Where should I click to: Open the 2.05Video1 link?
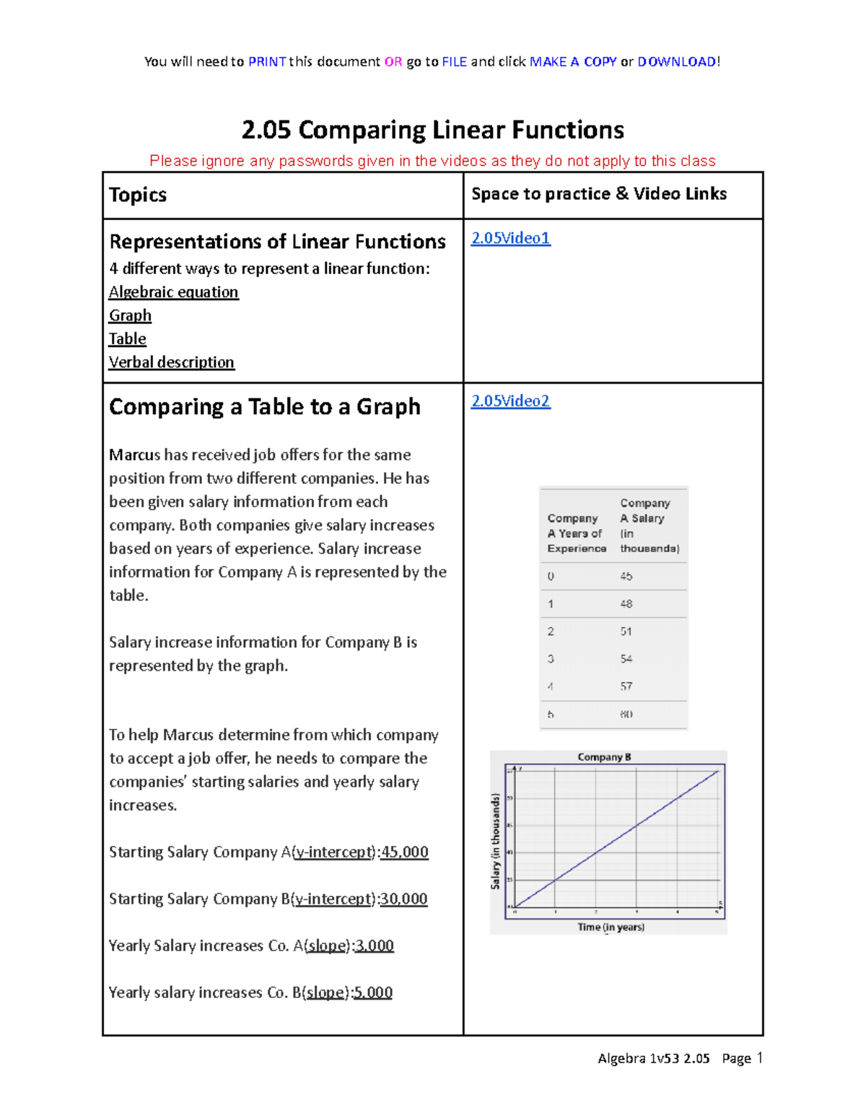click(x=510, y=238)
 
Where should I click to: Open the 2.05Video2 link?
click(x=510, y=401)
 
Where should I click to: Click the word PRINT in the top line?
click(x=267, y=62)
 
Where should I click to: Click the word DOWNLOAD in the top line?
click(x=676, y=62)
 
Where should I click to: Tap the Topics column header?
click(x=138, y=195)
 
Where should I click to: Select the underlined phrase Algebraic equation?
click(x=173, y=292)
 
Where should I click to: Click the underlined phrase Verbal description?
click(x=172, y=362)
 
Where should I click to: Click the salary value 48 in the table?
click(x=626, y=604)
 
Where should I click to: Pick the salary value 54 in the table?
click(x=626, y=658)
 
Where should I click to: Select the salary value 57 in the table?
click(x=626, y=686)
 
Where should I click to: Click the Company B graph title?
click(x=604, y=757)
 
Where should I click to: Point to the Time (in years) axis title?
click(x=611, y=927)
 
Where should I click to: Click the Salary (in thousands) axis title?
click(x=496, y=841)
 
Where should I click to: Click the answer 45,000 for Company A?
click(x=404, y=852)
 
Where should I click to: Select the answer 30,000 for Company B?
click(x=403, y=899)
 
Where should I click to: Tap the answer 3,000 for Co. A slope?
click(x=375, y=946)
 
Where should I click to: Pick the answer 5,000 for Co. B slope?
click(x=373, y=993)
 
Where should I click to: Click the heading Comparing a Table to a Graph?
click(x=264, y=407)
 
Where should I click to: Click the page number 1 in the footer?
click(x=759, y=1058)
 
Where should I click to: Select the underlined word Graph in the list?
click(x=130, y=316)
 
